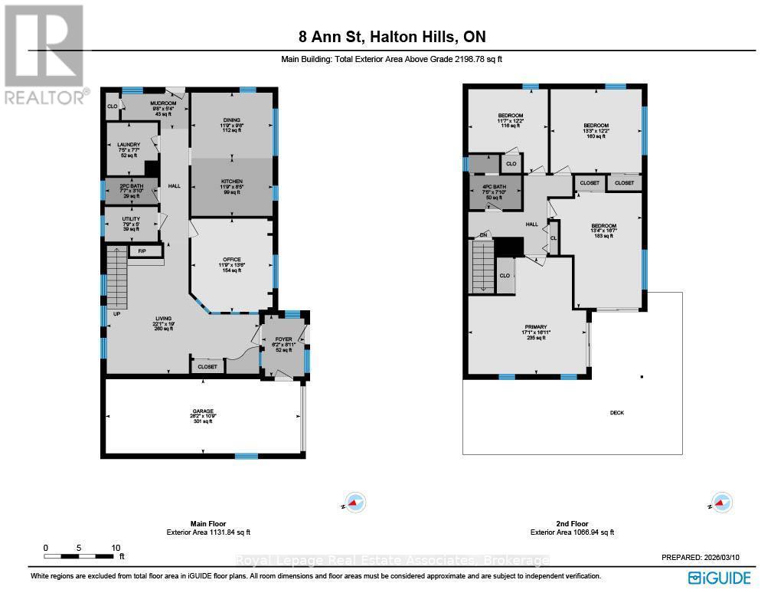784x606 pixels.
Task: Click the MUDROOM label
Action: (x=163, y=103)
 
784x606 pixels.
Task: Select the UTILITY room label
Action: (x=131, y=219)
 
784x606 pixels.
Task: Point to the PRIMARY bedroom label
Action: (x=535, y=327)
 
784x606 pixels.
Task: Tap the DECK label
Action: (x=617, y=413)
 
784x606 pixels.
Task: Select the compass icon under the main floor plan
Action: (x=354, y=503)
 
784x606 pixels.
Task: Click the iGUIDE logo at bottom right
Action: (x=719, y=578)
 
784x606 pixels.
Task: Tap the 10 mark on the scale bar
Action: (x=116, y=547)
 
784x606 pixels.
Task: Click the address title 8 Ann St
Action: (x=391, y=37)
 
